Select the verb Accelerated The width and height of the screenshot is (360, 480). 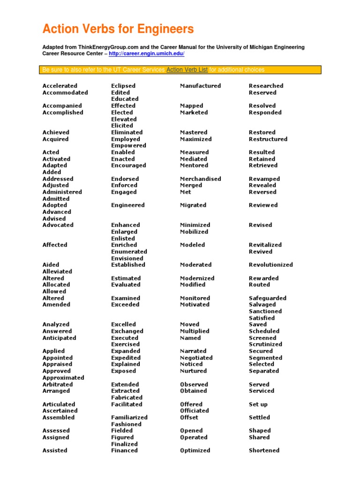point(60,86)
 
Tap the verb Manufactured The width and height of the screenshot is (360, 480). point(200,86)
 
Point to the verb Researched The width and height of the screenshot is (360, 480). point(266,86)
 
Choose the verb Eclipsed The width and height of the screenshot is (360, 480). point(123,86)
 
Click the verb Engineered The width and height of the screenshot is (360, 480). point(128,205)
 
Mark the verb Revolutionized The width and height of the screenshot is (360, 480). point(270,264)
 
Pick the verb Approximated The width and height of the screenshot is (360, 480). point(63,377)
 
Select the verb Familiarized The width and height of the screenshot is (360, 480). point(129,417)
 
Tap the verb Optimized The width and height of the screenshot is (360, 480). point(195,450)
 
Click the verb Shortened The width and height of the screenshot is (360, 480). point(264,450)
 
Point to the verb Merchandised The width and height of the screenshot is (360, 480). point(200,179)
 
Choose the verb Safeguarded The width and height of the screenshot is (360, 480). point(268,298)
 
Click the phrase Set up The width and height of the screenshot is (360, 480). point(258,404)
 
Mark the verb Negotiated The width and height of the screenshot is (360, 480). point(196,358)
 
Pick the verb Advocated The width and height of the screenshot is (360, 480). point(58,225)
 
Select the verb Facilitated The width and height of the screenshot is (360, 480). point(127,404)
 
